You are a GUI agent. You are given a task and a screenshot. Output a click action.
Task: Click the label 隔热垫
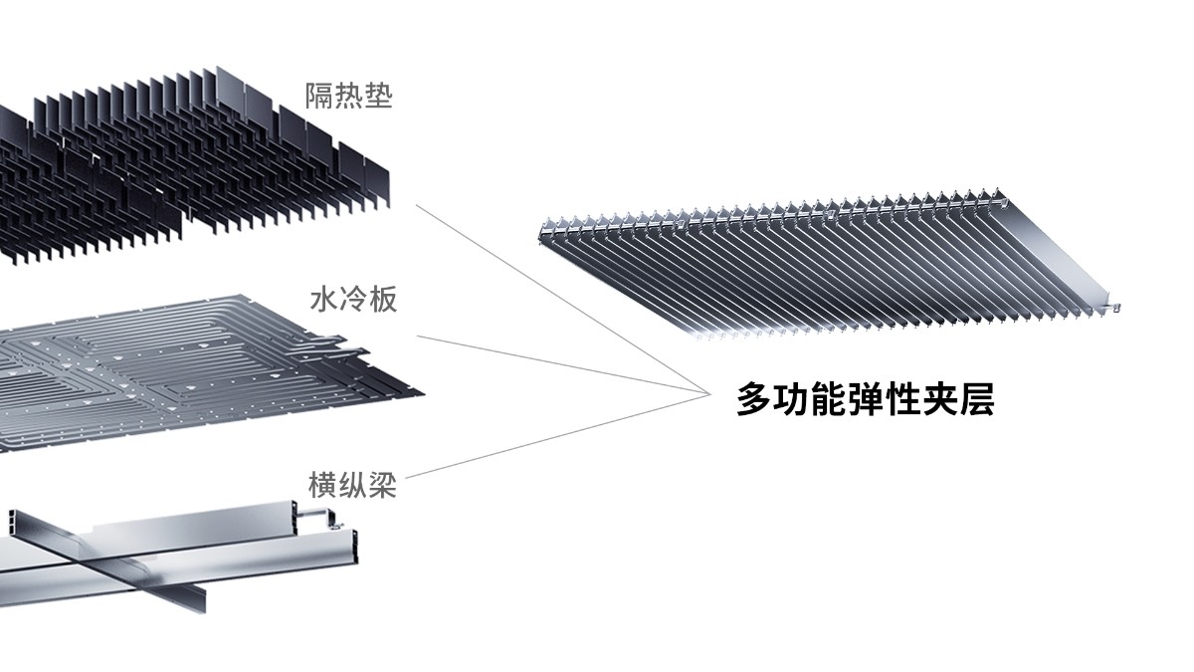[x=348, y=97]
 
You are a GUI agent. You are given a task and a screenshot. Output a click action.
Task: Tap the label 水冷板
[x=353, y=299]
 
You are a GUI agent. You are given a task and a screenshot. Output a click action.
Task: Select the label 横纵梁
[x=352, y=486]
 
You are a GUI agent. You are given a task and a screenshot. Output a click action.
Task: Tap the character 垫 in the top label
[x=378, y=97]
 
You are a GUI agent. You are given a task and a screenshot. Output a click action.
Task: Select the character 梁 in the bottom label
[x=382, y=486]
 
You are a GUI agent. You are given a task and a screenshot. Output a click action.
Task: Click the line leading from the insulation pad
[x=557, y=299]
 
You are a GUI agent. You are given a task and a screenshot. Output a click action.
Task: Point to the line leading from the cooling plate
[x=557, y=362]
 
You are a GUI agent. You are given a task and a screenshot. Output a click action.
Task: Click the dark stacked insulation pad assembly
[x=199, y=159]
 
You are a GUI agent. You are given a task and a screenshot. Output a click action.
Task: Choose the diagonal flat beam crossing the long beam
[x=129, y=562]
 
